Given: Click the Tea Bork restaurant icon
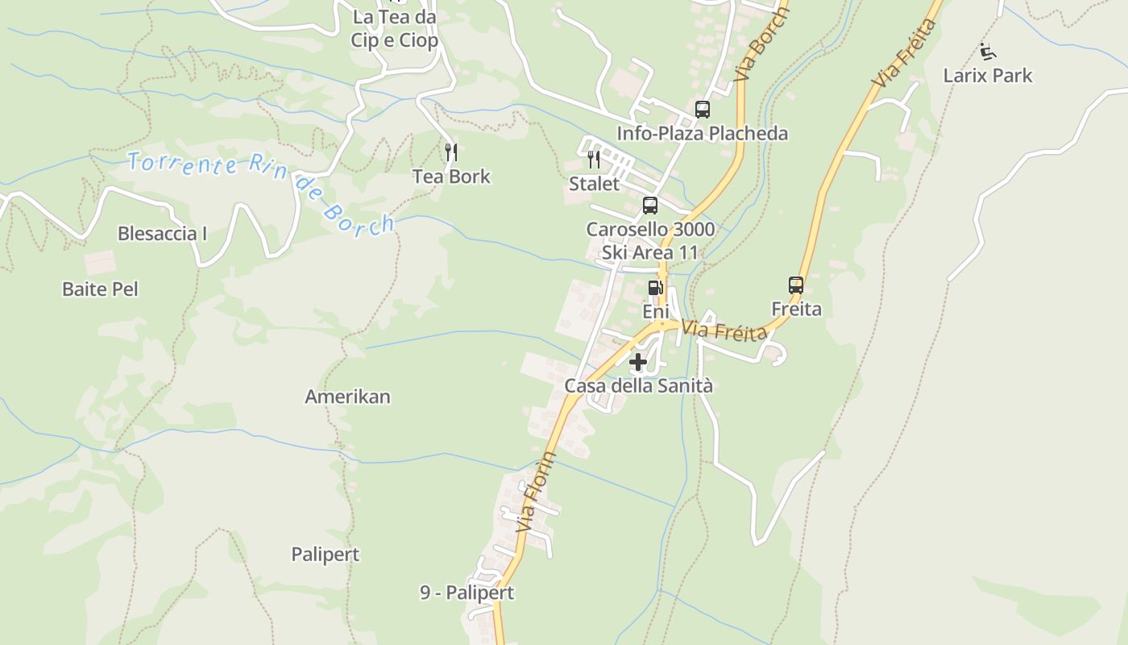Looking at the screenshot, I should pyautogui.click(x=451, y=152).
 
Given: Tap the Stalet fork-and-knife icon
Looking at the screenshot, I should pyautogui.click(x=594, y=159).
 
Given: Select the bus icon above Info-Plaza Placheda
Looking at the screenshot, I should pyautogui.click(x=703, y=109).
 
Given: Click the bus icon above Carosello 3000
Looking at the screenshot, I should pyautogui.click(x=650, y=205).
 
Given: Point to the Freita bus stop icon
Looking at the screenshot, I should pyautogui.click(x=796, y=285).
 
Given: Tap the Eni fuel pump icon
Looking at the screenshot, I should pyautogui.click(x=656, y=286).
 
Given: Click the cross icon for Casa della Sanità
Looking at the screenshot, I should pyautogui.click(x=638, y=362).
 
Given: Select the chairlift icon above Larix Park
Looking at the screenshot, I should pyautogui.click(x=988, y=52).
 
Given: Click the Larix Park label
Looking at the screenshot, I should pyautogui.click(x=988, y=76).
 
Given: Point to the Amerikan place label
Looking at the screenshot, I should pyautogui.click(x=347, y=397).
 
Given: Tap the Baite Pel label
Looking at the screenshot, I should pyautogui.click(x=101, y=289).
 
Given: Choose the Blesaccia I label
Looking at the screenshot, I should pyautogui.click(x=163, y=234).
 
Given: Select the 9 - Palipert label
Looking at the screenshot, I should pyautogui.click(x=467, y=593).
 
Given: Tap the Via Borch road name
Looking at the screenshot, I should pyautogui.click(x=761, y=44).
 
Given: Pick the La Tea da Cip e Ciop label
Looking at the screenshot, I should pyautogui.click(x=395, y=28).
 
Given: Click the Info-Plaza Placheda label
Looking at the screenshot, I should pyautogui.click(x=703, y=133).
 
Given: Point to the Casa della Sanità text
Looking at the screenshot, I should pyautogui.click(x=638, y=386).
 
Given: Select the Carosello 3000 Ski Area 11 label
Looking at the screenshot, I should pyautogui.click(x=650, y=240).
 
